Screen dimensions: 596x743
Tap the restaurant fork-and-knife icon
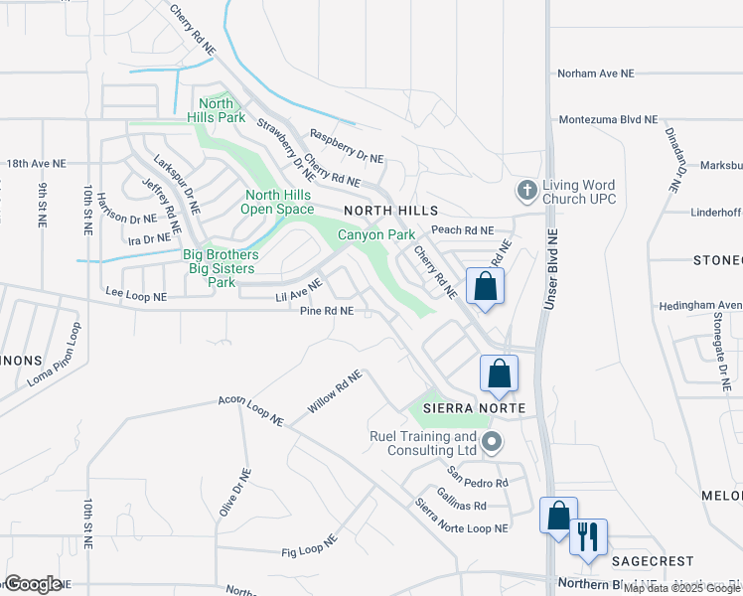(x=588, y=536)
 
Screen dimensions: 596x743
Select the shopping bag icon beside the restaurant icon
(x=558, y=516)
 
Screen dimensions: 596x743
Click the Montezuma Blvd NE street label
(x=609, y=119)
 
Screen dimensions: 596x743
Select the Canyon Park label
(x=375, y=235)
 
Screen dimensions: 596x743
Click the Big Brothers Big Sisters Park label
(x=221, y=269)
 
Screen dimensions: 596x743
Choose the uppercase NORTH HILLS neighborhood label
(x=390, y=212)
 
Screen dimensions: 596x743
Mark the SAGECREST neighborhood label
(x=652, y=561)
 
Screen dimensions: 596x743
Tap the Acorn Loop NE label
(x=251, y=412)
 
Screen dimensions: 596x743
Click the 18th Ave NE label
(x=36, y=162)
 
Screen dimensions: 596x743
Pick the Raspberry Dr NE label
(x=347, y=146)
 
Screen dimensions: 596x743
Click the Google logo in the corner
(x=33, y=584)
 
